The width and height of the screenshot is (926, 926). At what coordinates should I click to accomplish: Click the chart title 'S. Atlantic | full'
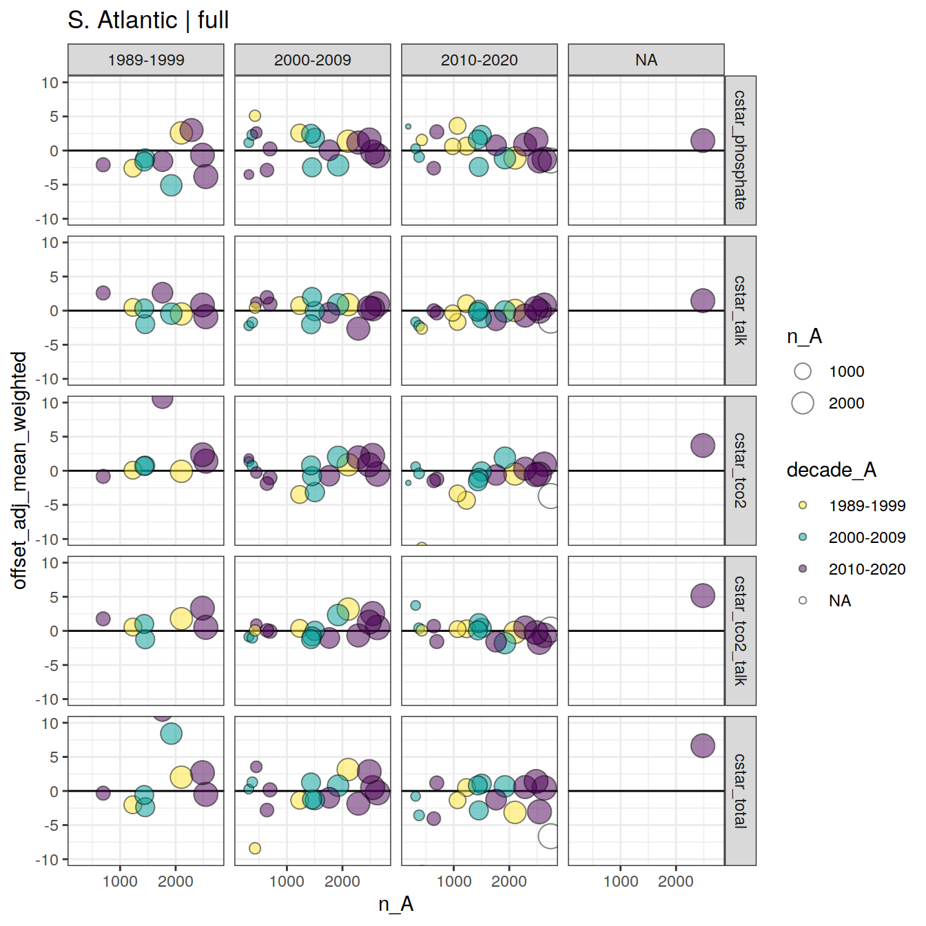pos(148,20)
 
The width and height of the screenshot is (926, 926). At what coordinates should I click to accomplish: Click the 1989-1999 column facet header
pos(146,60)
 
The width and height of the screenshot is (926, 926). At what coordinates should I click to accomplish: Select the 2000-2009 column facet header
pos(313,60)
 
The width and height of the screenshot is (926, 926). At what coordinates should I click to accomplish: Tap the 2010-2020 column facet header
pos(480,60)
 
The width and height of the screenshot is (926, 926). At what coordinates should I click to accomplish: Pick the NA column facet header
pos(646,60)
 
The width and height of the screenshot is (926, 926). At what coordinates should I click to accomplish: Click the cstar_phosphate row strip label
pos(740,150)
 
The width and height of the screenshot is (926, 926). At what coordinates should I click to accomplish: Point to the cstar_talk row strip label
pos(740,311)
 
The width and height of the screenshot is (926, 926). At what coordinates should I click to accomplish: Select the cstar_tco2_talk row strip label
pos(740,630)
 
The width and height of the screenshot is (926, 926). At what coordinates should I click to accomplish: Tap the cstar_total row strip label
pos(740,791)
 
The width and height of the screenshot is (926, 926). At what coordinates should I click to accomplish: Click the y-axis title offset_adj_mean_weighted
pos(19,471)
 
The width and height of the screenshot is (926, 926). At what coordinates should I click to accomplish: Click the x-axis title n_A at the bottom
pos(396,904)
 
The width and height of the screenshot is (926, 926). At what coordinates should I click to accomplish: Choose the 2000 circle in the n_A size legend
pos(803,403)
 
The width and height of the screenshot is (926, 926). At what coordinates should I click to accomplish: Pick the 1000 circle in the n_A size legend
pos(803,371)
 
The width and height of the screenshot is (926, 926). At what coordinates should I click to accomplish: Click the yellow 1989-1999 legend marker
pos(803,505)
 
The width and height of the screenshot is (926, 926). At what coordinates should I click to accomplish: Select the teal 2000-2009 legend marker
pos(803,537)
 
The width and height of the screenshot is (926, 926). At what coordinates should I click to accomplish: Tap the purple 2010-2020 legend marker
pos(803,568)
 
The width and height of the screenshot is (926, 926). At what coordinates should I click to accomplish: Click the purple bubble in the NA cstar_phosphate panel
pos(703,141)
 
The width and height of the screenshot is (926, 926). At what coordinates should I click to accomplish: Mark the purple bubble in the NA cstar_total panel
pos(703,745)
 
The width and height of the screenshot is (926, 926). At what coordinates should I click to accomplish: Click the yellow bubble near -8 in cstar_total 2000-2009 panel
pos(255,848)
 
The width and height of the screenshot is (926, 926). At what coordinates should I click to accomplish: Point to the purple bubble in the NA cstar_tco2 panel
pos(703,445)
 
